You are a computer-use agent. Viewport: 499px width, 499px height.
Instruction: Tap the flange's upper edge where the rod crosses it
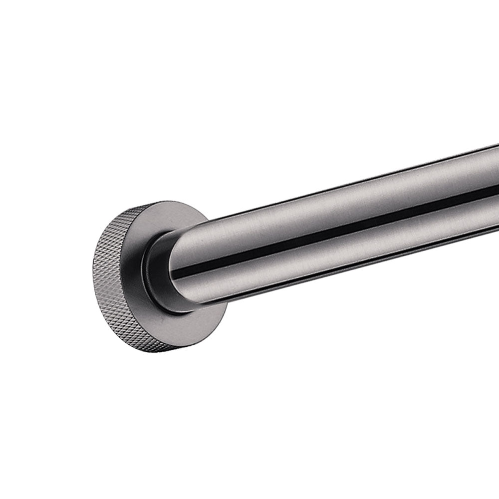pyautogui.click(x=205, y=220)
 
